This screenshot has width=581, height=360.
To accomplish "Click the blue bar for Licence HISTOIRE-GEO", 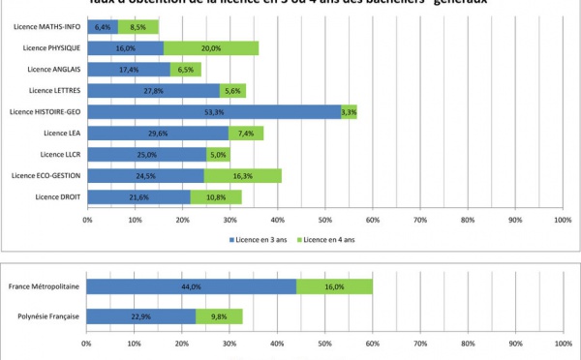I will click(213, 111).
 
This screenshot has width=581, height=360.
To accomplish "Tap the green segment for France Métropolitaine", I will click(334, 286).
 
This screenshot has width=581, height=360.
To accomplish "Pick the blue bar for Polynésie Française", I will click(140, 316).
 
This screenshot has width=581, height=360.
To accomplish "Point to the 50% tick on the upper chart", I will click(325, 220).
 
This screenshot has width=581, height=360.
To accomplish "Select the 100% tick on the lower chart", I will click(563, 342).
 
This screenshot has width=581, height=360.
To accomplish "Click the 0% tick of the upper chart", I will click(87, 220).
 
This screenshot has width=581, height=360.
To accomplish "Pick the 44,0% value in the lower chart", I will click(191, 286).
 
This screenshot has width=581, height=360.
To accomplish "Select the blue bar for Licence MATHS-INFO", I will click(103, 26).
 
